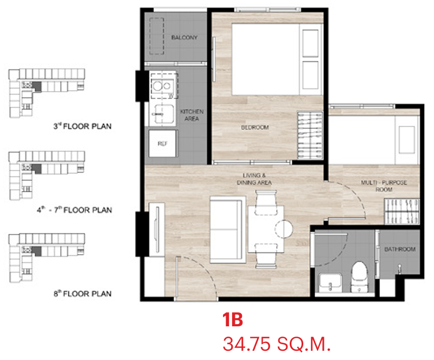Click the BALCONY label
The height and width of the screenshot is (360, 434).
click(184, 37)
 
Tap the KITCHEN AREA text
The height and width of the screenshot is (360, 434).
click(192, 115)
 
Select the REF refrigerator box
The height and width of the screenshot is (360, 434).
click(162, 143)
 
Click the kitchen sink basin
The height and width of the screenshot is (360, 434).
click(164, 113)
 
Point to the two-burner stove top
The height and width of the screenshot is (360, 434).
click(162, 86)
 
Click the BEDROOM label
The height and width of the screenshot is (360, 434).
click(255, 128)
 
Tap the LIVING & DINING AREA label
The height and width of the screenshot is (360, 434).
click(254, 179)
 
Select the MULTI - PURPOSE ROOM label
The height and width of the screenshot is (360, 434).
click(384, 186)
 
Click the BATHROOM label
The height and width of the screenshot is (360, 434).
click(400, 249)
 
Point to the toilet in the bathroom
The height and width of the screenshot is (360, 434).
click(359, 276)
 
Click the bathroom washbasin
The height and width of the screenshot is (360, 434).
click(330, 283)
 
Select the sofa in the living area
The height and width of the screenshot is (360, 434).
click(228, 230)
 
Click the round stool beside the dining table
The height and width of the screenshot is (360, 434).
click(284, 229)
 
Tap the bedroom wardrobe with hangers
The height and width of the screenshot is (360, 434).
click(310, 136)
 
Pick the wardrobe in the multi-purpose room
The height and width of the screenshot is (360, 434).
click(402, 211)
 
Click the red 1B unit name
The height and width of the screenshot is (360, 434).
click(233, 320)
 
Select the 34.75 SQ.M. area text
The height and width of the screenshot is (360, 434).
click(277, 344)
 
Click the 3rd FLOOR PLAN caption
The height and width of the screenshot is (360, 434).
click(82, 127)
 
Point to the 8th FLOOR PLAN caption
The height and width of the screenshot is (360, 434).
click(82, 294)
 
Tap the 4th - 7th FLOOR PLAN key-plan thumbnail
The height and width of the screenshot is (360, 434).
click(47, 175)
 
